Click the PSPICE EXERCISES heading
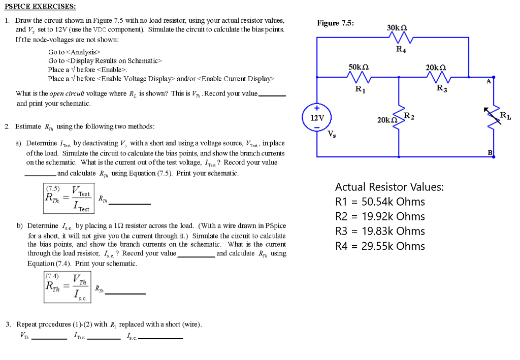[x=40, y=7]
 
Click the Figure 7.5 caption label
[x=335, y=23]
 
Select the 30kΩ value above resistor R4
[x=397, y=28]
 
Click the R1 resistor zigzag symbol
[x=360, y=77]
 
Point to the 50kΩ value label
[x=359, y=67]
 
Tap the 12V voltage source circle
[x=317, y=118]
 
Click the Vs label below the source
[x=331, y=135]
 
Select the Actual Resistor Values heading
[x=389, y=187]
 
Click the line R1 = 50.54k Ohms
[x=380, y=202]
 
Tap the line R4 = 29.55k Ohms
[x=380, y=246]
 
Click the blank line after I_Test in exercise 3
[x=104, y=338]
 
